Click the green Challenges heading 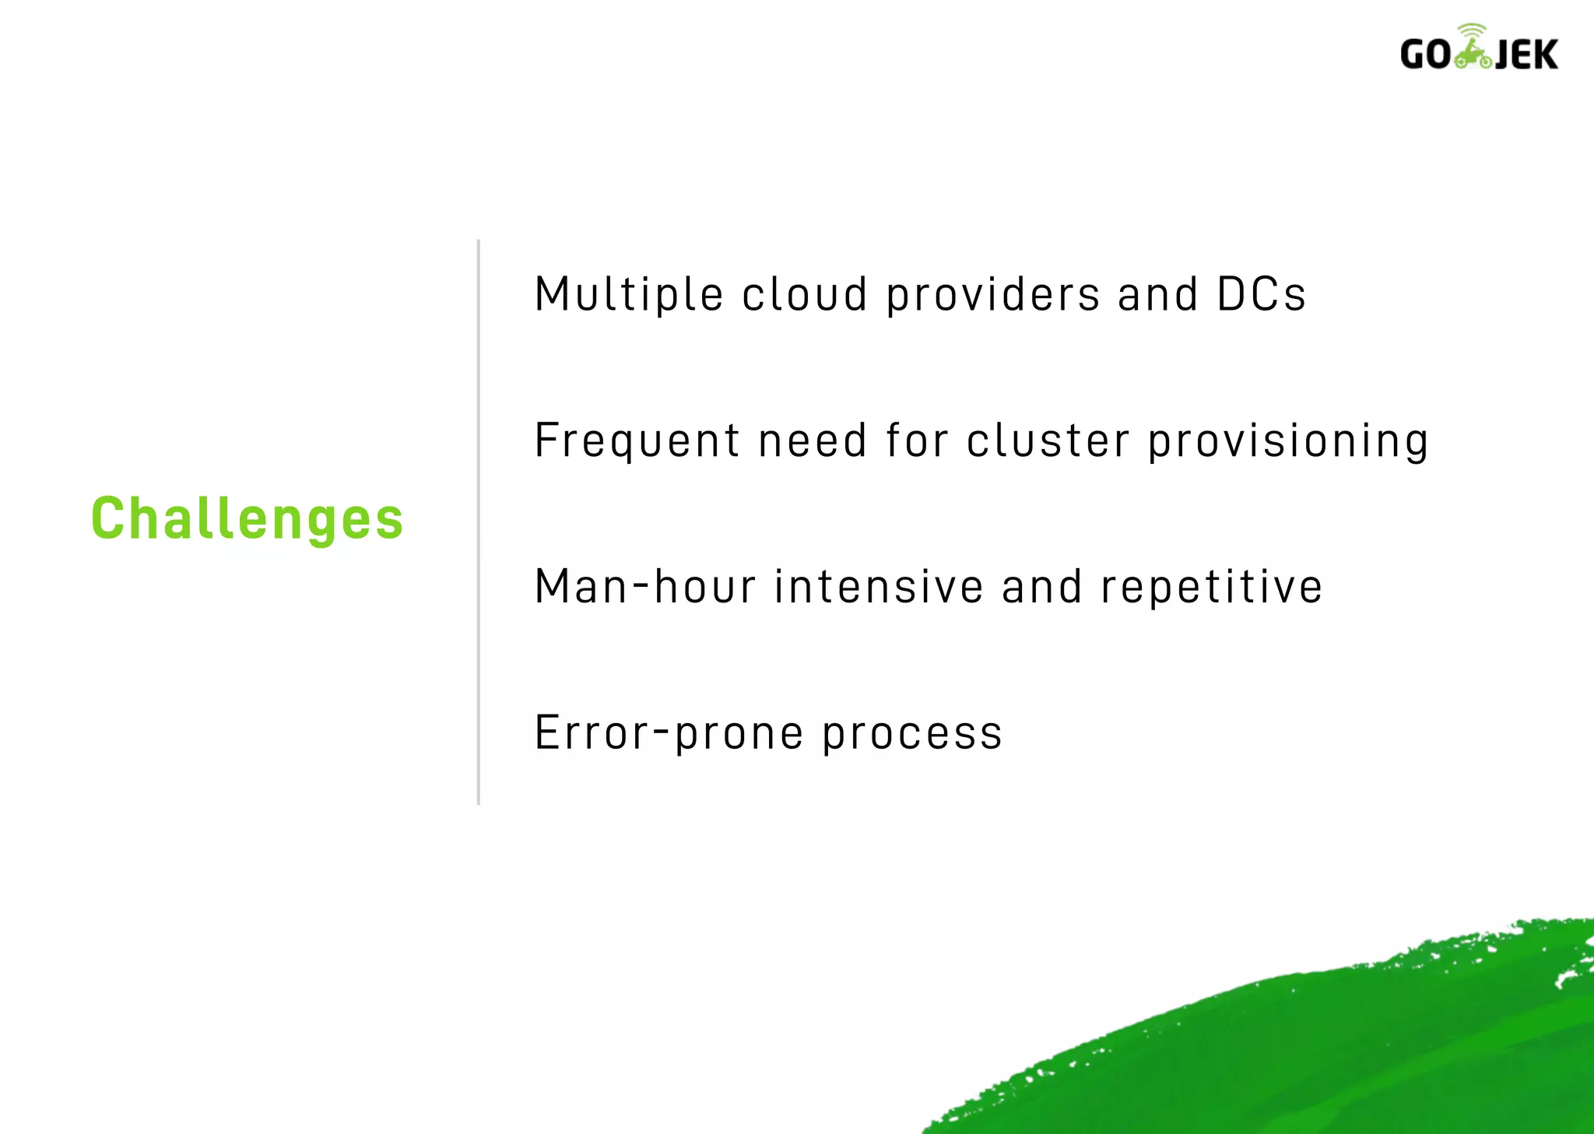[248, 519]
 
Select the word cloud [804, 295]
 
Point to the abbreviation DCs [1261, 295]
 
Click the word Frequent [636, 441]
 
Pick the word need [813, 441]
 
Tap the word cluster [1048, 441]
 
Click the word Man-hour [645, 587]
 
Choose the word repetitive [1212, 587]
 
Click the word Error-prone [669, 734]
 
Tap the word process [912, 734]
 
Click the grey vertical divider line [479, 521]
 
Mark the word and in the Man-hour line [1041, 587]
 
